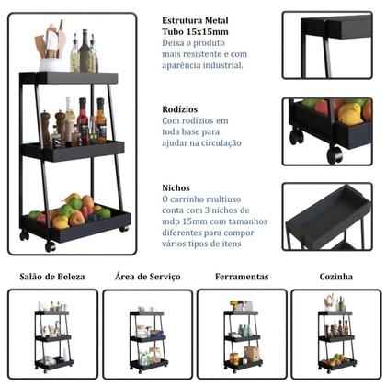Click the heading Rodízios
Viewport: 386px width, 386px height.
tap(180, 109)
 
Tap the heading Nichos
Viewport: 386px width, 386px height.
tap(176, 187)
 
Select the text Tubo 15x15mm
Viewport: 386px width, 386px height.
tap(195, 31)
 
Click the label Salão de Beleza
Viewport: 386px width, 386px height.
tap(52, 277)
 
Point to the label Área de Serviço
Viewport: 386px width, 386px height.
tap(148, 277)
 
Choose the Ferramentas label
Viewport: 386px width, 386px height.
tap(242, 277)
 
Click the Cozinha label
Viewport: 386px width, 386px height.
tap(335, 277)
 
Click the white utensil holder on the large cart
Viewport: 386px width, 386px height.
tap(51, 64)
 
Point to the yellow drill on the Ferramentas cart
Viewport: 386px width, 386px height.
tap(236, 305)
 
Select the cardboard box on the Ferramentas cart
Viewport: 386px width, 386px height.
tap(252, 354)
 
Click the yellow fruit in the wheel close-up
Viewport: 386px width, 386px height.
tap(349, 114)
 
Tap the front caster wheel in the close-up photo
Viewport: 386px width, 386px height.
tap(335, 154)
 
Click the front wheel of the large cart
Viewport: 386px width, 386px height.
tap(51, 246)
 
